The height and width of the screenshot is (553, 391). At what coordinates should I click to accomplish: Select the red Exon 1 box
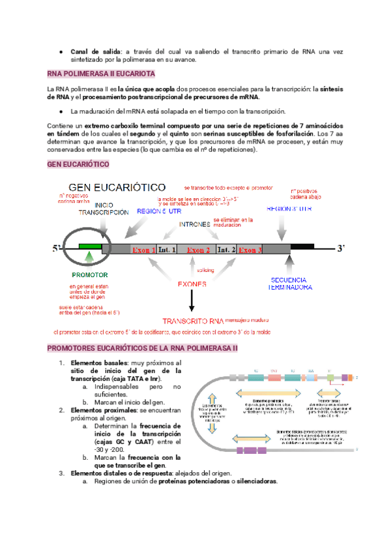(x=145, y=249)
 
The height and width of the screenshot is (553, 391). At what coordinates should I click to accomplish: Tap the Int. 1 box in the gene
(x=167, y=249)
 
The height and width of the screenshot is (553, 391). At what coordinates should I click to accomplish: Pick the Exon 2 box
(x=198, y=249)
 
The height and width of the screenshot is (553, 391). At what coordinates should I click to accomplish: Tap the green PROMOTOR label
(x=90, y=275)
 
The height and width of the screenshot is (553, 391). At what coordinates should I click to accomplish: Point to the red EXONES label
(x=192, y=284)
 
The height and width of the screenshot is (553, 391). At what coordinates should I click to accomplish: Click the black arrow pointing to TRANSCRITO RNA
(x=192, y=301)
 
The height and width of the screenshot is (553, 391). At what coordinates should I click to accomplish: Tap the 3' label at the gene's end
(x=341, y=248)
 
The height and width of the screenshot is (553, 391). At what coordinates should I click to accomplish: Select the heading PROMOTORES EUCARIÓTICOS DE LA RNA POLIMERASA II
(x=143, y=350)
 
